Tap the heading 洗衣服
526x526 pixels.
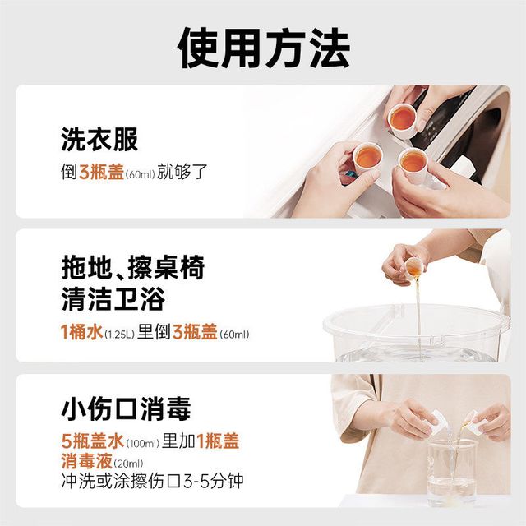tap(99, 140)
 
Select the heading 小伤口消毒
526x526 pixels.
tap(126, 408)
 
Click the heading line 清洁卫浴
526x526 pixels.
tap(113, 298)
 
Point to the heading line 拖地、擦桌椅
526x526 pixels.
tap(133, 267)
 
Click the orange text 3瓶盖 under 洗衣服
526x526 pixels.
tap(102, 172)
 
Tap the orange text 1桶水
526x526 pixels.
tap(81, 332)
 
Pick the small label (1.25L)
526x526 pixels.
tap(120, 335)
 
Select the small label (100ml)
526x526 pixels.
tap(142, 444)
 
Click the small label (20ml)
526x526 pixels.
tap(128, 464)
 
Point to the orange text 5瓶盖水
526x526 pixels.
tap(93, 441)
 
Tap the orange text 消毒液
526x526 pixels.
tap(87, 461)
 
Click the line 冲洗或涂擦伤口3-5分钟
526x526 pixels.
tap(152, 481)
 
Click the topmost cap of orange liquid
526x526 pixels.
tap(402, 121)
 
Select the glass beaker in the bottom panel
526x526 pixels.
tap(451, 473)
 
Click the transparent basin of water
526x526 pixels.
tap(417, 333)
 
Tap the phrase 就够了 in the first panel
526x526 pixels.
tap(182, 172)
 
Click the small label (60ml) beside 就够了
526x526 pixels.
tap(140, 174)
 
